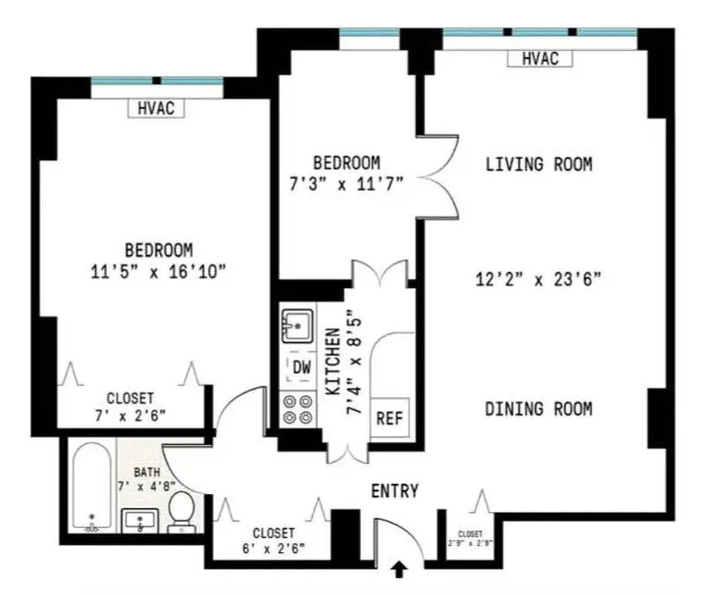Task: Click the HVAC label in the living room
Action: [540, 58]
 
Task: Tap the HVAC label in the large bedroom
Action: [156, 108]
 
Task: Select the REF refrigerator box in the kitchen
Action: [389, 418]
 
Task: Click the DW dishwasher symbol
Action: [302, 367]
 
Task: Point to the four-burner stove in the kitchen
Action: [298, 408]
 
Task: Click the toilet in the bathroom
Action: [181, 512]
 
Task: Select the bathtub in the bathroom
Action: [92, 487]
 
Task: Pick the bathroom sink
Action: [139, 521]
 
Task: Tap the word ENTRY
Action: [395, 491]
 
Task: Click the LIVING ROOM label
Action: [539, 164]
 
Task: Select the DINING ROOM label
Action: [539, 408]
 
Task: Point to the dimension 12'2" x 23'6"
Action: [538, 280]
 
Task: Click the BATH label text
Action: [146, 472]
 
